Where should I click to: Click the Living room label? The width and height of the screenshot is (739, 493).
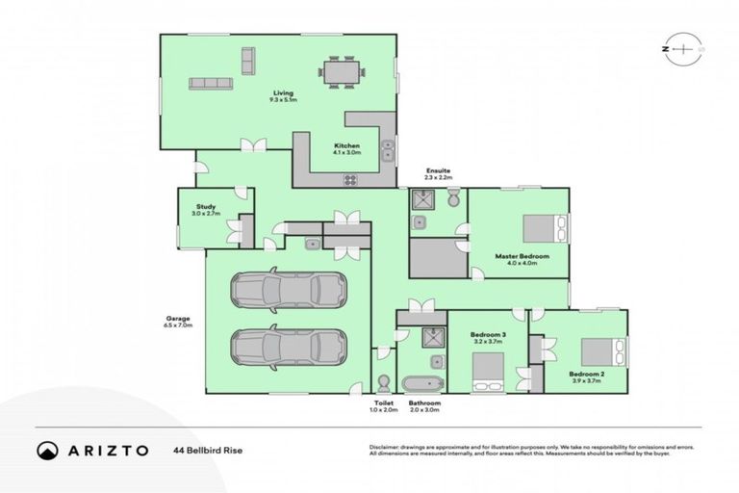pos(283,93)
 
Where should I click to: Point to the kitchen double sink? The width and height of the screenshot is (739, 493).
pos(388,151)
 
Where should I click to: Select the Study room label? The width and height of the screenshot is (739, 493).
pos(206,205)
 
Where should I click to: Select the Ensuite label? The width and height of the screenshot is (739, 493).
pos(439,171)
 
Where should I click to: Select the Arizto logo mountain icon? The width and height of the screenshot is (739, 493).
pos(45,450)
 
